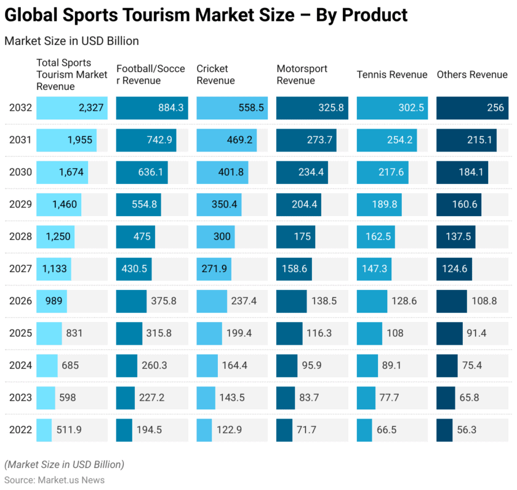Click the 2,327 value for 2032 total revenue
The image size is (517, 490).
coord(91,108)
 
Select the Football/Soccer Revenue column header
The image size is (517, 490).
coord(150,74)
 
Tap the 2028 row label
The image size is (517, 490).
coord(20,236)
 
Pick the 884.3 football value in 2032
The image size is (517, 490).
coord(170,108)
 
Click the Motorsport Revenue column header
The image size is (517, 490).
coord(302,74)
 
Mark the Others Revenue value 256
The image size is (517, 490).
coord(495,108)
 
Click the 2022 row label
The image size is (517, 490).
coord(20,430)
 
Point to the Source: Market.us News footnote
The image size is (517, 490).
coord(54,480)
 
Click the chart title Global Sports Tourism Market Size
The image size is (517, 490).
coord(206,15)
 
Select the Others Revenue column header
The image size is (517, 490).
coord(472,74)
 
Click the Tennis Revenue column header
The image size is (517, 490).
coord(392,74)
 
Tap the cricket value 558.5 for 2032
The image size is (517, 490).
coord(250,108)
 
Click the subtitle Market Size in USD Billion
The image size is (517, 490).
coord(71,41)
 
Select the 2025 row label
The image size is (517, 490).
coord(20,333)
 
